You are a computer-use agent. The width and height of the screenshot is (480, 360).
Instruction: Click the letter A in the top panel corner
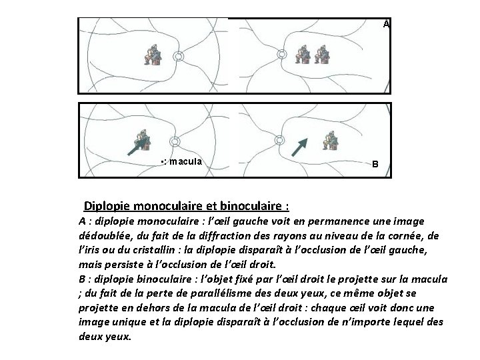(x=386, y=23)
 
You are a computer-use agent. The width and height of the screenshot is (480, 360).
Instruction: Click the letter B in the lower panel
(x=375, y=163)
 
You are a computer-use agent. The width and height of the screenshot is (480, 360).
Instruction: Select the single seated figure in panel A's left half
(x=153, y=55)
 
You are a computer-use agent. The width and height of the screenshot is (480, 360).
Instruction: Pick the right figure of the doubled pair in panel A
(x=323, y=55)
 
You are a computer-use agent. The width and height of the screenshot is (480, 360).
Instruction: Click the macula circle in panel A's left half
(x=178, y=57)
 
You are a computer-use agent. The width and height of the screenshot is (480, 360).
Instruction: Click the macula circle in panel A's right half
(x=281, y=55)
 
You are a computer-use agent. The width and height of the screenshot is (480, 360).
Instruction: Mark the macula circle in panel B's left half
(x=174, y=141)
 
